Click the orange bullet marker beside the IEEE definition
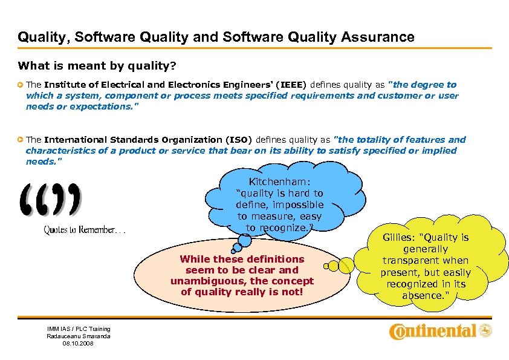pyautogui.click(x=21, y=85)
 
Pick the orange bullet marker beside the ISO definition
pyautogui.click(x=21, y=140)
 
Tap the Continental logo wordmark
pyautogui.click(x=433, y=331)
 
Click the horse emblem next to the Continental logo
pyautogui.click(x=485, y=331)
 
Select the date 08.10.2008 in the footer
pyautogui.click(x=79, y=343)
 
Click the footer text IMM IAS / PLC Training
pyautogui.click(x=79, y=329)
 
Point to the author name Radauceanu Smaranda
pyautogui.click(x=79, y=336)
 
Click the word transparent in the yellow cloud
pyautogui.click(x=410, y=261)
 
